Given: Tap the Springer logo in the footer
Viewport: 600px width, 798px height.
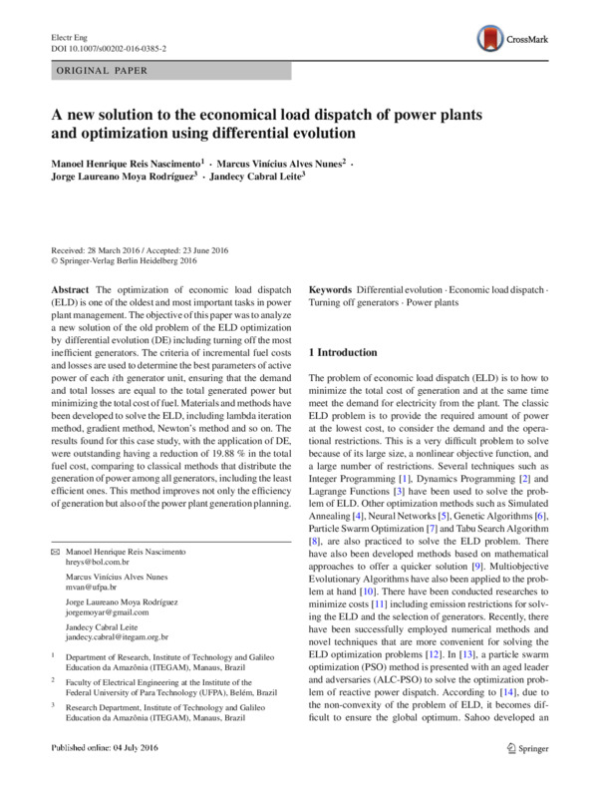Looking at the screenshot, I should [528, 775].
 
